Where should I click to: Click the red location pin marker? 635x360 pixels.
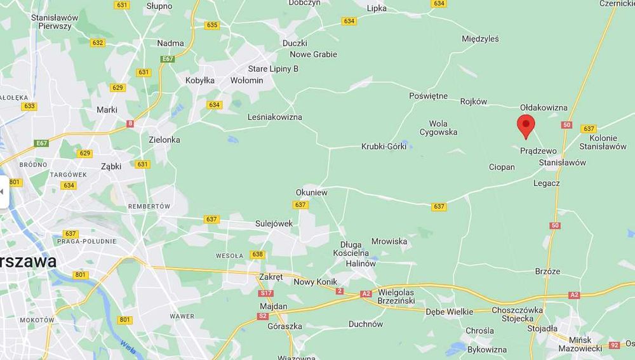pos(526,125)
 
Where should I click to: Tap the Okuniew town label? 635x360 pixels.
pos(311,192)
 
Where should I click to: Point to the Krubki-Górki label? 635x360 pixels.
pos(383,147)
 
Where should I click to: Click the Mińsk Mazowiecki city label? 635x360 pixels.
pos(580,343)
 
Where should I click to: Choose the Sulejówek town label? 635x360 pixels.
pos(274,223)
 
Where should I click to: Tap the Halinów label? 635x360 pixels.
pos(361,263)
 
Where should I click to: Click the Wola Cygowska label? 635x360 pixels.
pos(438,128)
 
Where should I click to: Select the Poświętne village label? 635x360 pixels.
pos(428,97)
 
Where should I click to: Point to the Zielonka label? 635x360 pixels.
pos(164,140)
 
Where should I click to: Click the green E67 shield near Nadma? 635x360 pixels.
pos(168,59)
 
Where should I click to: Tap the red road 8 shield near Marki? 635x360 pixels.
pos(130,124)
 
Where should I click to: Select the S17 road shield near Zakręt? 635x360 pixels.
pos(265,293)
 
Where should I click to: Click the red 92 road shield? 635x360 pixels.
pos(613,345)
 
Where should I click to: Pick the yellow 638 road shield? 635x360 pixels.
pos(257,255)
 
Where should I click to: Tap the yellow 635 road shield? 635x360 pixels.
pos(212,25)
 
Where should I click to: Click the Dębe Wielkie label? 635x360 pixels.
pos(449,312)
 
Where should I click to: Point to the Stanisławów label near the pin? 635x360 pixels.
pos(562,163)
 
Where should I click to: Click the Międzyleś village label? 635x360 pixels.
pos(480,39)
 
